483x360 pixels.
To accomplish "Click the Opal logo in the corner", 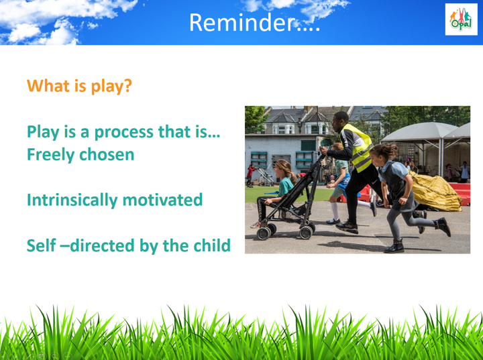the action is pyautogui.click(x=461, y=19).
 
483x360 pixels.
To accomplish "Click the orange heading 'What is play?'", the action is pyautogui.click(x=79, y=86).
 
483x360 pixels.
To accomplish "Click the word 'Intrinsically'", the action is pyautogui.click(x=72, y=200).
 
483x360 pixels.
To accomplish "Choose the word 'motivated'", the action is pyautogui.click(x=162, y=200).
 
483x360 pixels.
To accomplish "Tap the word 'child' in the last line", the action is pyautogui.click(x=212, y=245).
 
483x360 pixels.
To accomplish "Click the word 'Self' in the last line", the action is pyautogui.click(x=42, y=245).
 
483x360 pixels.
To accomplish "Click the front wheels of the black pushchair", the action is pyautogui.click(x=266, y=231).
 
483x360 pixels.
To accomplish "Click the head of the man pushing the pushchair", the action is pyautogui.click(x=339, y=121).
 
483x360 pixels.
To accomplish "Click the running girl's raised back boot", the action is pyautogui.click(x=443, y=226).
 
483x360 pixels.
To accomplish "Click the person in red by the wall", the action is pyautogui.click(x=250, y=175).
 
